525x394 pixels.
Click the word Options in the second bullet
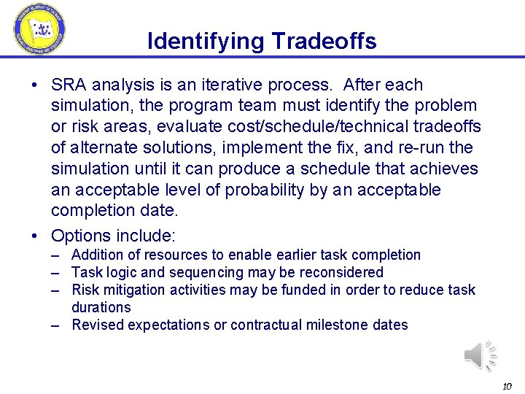point(80,236)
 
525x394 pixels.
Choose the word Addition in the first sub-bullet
point(97,255)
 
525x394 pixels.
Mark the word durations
point(101,307)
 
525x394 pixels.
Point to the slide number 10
point(507,385)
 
